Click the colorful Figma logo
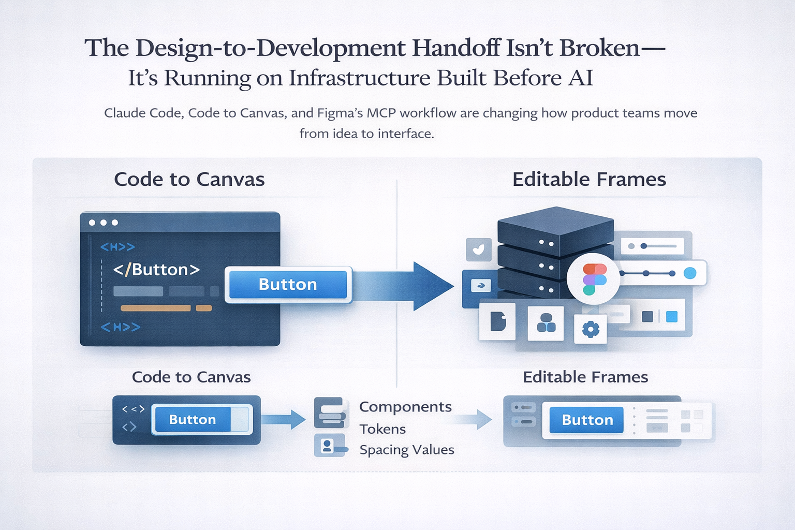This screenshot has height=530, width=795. tap(594, 279)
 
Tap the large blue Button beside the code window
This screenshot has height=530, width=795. tap(288, 284)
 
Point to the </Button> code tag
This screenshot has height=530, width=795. tap(156, 270)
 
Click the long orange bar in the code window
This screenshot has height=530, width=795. tap(155, 308)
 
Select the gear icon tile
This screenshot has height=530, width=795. tap(591, 329)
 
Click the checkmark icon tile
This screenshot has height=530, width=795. tap(479, 249)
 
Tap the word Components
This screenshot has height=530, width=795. tap(405, 407)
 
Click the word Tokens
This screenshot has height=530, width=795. tap(382, 429)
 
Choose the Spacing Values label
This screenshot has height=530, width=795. tap(407, 450)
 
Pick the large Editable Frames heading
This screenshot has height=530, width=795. tap(589, 179)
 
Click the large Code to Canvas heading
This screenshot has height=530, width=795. tap(189, 179)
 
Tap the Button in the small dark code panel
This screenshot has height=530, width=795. tap(193, 419)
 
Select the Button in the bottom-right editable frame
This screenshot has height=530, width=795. tap(586, 420)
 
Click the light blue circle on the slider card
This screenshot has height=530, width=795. tap(690, 273)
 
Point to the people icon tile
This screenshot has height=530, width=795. tap(546, 323)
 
